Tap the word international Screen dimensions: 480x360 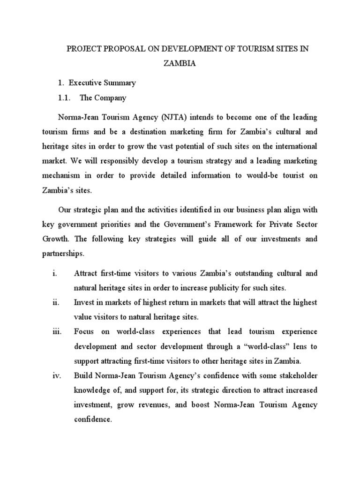click(x=294, y=146)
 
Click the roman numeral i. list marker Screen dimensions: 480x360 click(x=55, y=273)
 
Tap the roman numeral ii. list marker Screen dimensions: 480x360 click(x=55, y=303)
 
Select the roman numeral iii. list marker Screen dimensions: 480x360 click(x=56, y=332)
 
